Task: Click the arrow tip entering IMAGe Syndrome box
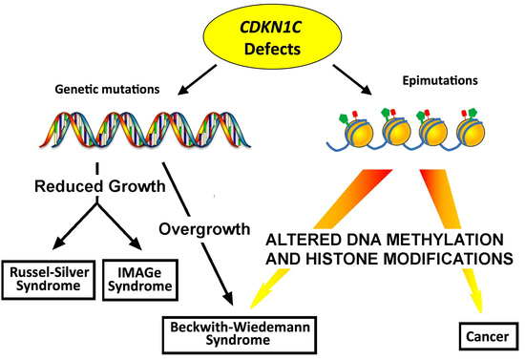coord(136,243)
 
